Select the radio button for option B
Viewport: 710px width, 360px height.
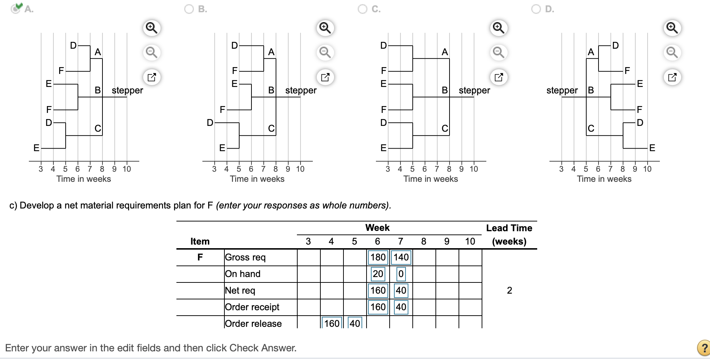pyautogui.click(x=189, y=9)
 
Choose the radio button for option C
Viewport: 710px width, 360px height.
pyautogui.click(x=363, y=9)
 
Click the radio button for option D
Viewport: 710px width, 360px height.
pyautogui.click(x=536, y=9)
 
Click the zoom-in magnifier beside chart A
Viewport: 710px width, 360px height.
pyautogui.click(x=152, y=28)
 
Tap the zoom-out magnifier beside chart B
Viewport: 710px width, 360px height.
pyautogui.click(x=325, y=52)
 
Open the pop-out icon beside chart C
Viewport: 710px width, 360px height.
pyautogui.click(x=499, y=77)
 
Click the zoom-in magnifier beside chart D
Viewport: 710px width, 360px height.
pyautogui.click(x=672, y=28)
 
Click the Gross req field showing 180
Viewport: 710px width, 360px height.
pyautogui.click(x=378, y=257)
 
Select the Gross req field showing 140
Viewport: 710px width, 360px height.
pyautogui.click(x=401, y=257)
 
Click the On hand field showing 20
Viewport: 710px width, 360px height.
pyautogui.click(x=378, y=274)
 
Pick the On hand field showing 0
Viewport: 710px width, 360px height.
pyautogui.click(x=401, y=274)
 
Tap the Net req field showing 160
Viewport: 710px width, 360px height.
pyautogui.click(x=378, y=290)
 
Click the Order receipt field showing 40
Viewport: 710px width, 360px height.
pyautogui.click(x=401, y=307)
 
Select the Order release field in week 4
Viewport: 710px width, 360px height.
pyautogui.click(x=332, y=323)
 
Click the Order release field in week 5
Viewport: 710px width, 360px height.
pyautogui.click(x=355, y=323)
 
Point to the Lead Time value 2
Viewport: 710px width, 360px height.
pyautogui.click(x=509, y=290)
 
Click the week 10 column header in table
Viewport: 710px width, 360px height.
pyautogui.click(x=470, y=241)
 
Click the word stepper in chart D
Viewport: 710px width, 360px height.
pyautogui.click(x=562, y=90)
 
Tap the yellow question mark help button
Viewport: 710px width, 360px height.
pyautogui.click(x=704, y=348)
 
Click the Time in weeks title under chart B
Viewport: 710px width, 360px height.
pyautogui.click(x=257, y=179)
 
